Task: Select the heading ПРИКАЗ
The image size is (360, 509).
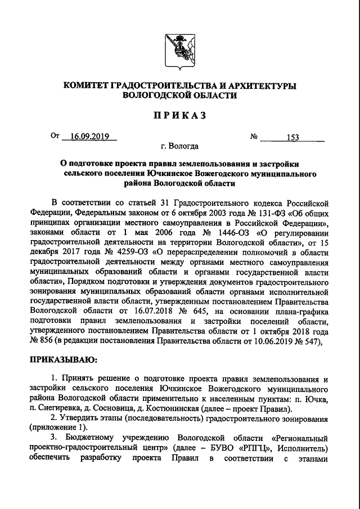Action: coord(179,116)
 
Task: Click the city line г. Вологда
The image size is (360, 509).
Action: coord(179,147)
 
